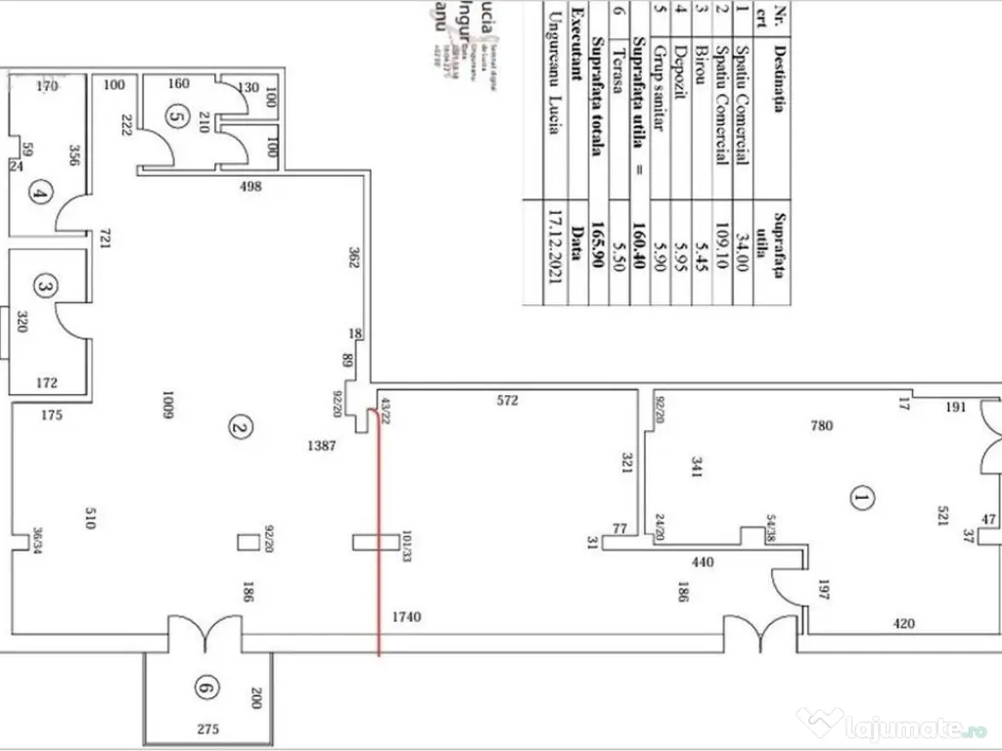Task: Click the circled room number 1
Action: [x=861, y=500]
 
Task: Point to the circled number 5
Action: [x=175, y=117]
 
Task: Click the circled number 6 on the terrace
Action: [x=204, y=690]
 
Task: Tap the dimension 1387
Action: [x=324, y=445]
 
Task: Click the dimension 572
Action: [x=507, y=400]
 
